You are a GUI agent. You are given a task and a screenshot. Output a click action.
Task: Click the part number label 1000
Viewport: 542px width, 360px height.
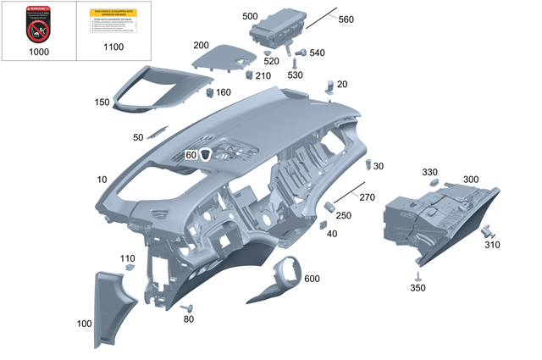[x=38, y=52]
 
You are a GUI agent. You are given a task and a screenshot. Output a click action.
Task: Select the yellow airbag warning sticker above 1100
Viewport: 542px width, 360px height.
[x=113, y=22]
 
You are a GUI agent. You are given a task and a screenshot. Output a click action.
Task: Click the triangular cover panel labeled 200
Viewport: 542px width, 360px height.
[x=224, y=57]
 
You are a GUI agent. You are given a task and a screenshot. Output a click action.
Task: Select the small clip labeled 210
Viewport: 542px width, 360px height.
[x=249, y=75]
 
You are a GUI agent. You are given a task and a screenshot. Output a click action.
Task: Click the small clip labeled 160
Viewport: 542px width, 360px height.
[x=209, y=91]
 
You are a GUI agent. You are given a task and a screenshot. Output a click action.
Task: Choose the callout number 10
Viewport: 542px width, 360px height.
[x=102, y=180]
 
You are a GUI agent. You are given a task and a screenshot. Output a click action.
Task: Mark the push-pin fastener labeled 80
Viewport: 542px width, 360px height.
[x=187, y=308]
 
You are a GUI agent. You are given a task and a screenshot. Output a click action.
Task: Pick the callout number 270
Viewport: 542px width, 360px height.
[x=367, y=197]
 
